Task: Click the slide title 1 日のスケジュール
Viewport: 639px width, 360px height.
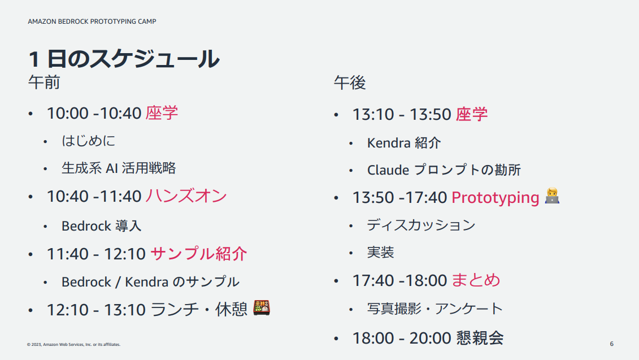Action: pos(124,59)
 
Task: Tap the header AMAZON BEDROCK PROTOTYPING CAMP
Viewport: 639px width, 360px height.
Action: pos(92,21)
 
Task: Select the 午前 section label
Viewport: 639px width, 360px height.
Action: pos(44,83)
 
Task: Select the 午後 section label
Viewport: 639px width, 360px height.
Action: pos(350,83)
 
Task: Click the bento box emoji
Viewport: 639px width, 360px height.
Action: pos(262,307)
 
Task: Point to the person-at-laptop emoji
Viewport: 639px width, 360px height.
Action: pos(552,196)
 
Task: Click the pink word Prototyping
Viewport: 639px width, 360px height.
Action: pos(495,198)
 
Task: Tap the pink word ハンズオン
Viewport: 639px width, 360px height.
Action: pos(186,196)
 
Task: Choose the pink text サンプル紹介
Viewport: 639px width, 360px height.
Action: pos(199,254)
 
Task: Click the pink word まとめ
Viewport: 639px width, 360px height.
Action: pos(476,280)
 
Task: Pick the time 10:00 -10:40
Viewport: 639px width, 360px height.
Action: pos(94,114)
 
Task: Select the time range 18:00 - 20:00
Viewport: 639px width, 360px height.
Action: pos(401,338)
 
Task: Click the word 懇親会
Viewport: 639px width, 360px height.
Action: pos(480,338)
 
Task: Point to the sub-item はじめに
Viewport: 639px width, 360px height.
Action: pos(89,141)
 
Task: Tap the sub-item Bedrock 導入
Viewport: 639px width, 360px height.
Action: pos(102,226)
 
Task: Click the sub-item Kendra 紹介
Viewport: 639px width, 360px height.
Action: pos(404,143)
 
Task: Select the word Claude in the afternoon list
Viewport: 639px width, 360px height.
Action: pos(388,170)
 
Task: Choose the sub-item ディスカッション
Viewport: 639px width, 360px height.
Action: pos(421,225)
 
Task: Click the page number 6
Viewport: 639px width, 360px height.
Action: pos(611,344)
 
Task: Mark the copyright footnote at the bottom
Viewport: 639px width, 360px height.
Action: pos(74,345)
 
